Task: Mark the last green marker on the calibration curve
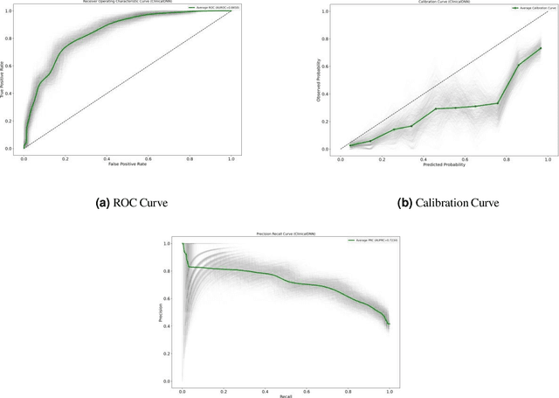(x=541, y=48)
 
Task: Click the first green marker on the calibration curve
(x=352, y=145)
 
